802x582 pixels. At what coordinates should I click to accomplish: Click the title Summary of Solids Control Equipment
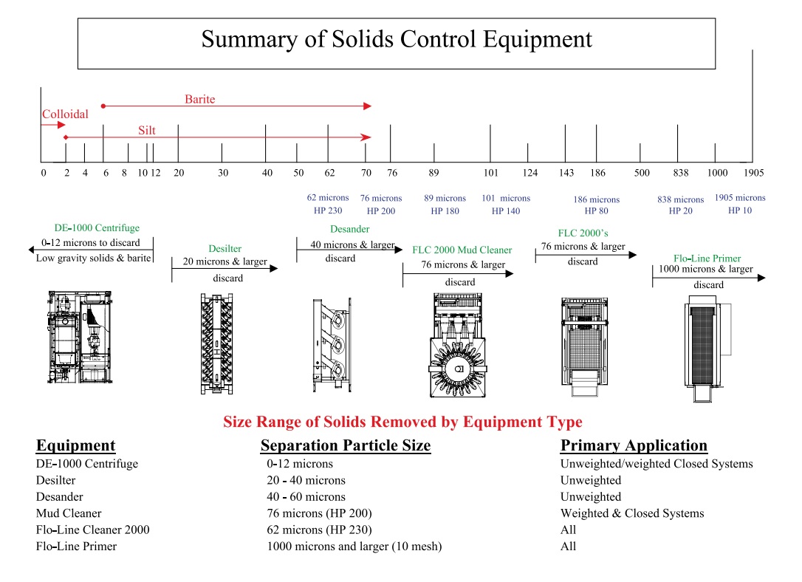coord(397,39)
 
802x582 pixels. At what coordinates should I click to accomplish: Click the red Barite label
coord(199,99)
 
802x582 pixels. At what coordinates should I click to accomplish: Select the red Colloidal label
coord(65,114)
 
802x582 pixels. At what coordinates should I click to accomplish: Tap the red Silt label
coord(147,131)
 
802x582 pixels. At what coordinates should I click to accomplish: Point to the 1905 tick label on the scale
coord(753,173)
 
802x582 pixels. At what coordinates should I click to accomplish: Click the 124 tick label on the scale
coord(529,173)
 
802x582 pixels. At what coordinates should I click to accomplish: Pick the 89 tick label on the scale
coord(433,173)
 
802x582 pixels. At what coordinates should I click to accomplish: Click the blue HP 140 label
coord(506,211)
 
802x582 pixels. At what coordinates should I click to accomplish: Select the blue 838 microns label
coord(680,199)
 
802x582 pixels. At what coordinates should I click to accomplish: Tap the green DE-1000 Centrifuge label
coord(97,228)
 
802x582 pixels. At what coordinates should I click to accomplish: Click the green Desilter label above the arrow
coord(225,249)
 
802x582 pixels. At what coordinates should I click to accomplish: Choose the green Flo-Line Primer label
coord(707,259)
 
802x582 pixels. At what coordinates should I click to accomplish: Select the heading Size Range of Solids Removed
coord(402,422)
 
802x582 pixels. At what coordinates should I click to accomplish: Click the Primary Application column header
coord(634,445)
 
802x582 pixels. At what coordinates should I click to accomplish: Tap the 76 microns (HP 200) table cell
coord(319,513)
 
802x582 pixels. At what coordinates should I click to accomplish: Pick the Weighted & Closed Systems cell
coord(632,513)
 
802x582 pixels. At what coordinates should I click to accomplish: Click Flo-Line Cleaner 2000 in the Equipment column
coord(92,530)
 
